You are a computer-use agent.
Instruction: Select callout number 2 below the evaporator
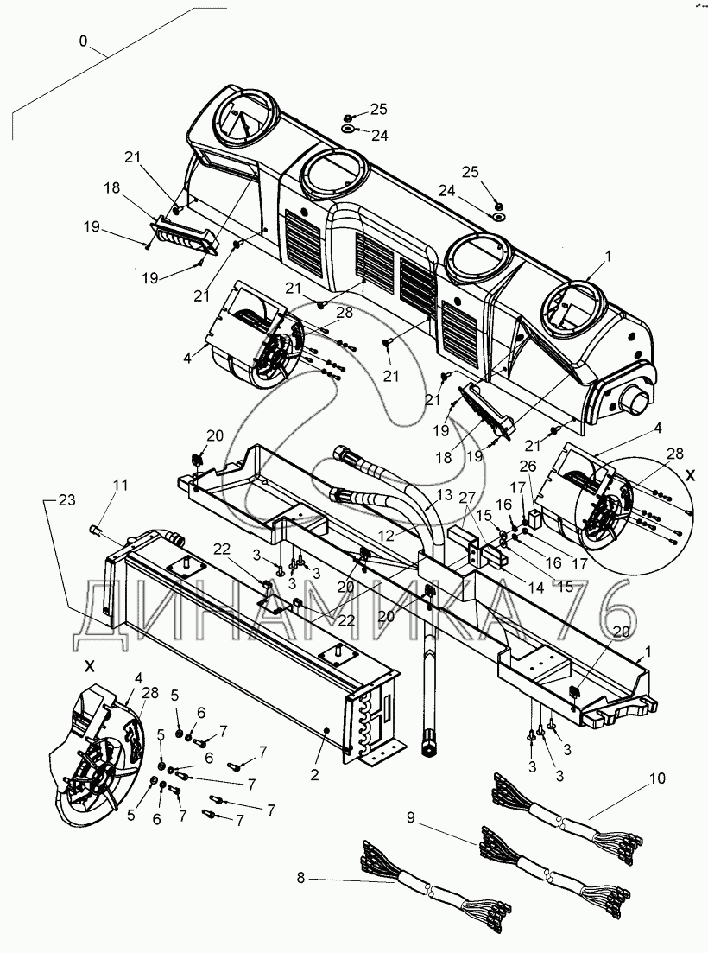(315, 775)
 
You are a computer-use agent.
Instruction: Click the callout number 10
(658, 778)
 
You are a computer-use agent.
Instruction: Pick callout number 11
(120, 485)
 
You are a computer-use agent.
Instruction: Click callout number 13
(444, 494)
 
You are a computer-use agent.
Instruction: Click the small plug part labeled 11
(97, 527)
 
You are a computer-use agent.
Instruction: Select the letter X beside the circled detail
(689, 475)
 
